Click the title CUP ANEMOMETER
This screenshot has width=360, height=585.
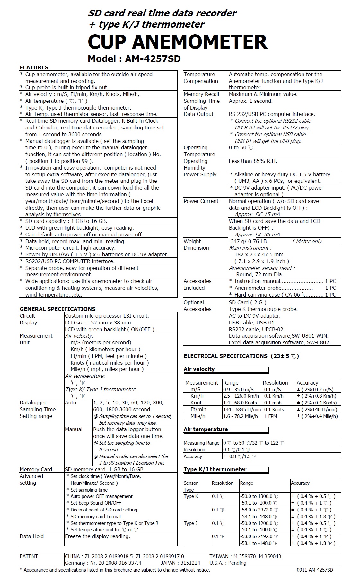(x=177, y=42)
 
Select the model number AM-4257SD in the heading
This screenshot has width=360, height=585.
(x=153, y=59)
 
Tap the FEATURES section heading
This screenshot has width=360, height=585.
(x=34, y=67)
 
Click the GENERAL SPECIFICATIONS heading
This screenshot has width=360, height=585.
(x=57, y=309)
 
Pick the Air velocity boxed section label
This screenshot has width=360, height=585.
(x=199, y=369)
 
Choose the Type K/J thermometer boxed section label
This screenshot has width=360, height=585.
(x=215, y=469)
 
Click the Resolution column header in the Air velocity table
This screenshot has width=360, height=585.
(x=275, y=383)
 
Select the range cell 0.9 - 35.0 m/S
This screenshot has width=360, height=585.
(x=238, y=389)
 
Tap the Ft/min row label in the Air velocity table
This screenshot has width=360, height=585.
(x=198, y=409)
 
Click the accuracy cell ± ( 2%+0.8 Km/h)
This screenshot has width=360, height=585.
(x=317, y=396)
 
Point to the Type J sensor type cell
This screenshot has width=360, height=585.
(x=190, y=523)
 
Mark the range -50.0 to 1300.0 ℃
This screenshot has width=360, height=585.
(x=259, y=496)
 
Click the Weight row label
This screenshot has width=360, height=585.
(x=192, y=241)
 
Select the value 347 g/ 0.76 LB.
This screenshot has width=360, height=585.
(x=249, y=241)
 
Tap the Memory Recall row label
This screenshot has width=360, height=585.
(x=201, y=94)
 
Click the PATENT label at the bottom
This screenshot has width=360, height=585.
(x=29, y=556)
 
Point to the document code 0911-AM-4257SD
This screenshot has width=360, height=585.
(x=315, y=570)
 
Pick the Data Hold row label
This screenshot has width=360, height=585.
(x=31, y=536)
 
